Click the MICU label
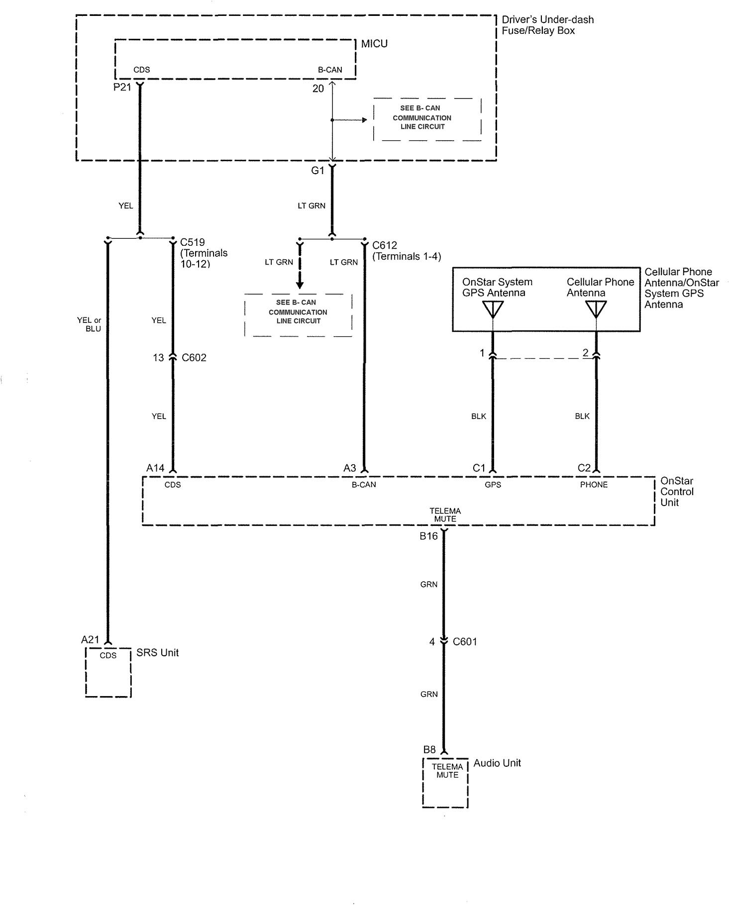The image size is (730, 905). click(x=374, y=44)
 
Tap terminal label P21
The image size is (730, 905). click(x=122, y=88)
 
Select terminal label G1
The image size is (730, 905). click(x=317, y=171)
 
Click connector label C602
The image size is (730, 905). click(x=194, y=358)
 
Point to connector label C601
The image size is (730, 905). click(x=465, y=642)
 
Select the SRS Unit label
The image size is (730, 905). click(x=157, y=653)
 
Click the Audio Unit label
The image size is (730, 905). click(x=497, y=763)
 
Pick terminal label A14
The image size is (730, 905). click(x=155, y=468)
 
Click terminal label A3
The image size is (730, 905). click(x=350, y=468)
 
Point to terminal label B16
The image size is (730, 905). click(x=428, y=536)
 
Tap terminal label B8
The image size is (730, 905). click(x=429, y=750)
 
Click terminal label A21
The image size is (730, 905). click(x=91, y=640)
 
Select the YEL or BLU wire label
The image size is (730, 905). click(x=90, y=324)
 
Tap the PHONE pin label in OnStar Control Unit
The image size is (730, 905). click(x=594, y=485)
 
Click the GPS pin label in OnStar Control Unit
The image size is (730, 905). click(x=493, y=485)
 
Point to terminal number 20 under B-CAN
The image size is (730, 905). click(x=318, y=89)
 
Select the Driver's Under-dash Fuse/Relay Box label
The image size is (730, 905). click(x=547, y=25)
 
